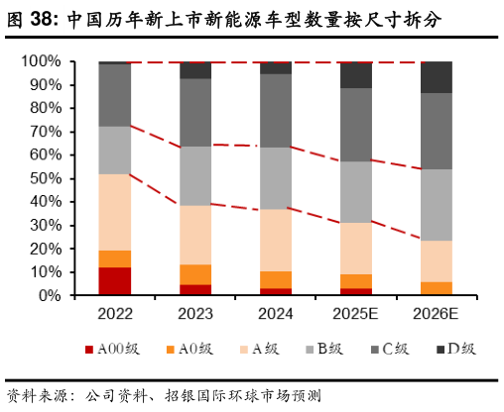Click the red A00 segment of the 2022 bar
(x=115, y=281)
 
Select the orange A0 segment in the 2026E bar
(x=437, y=288)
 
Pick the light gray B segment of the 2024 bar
(x=276, y=178)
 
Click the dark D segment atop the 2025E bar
(x=356, y=74)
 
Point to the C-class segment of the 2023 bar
(x=195, y=112)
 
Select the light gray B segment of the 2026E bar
(x=437, y=204)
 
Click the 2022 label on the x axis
(x=115, y=314)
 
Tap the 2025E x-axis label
(x=356, y=314)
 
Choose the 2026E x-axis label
(x=437, y=314)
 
